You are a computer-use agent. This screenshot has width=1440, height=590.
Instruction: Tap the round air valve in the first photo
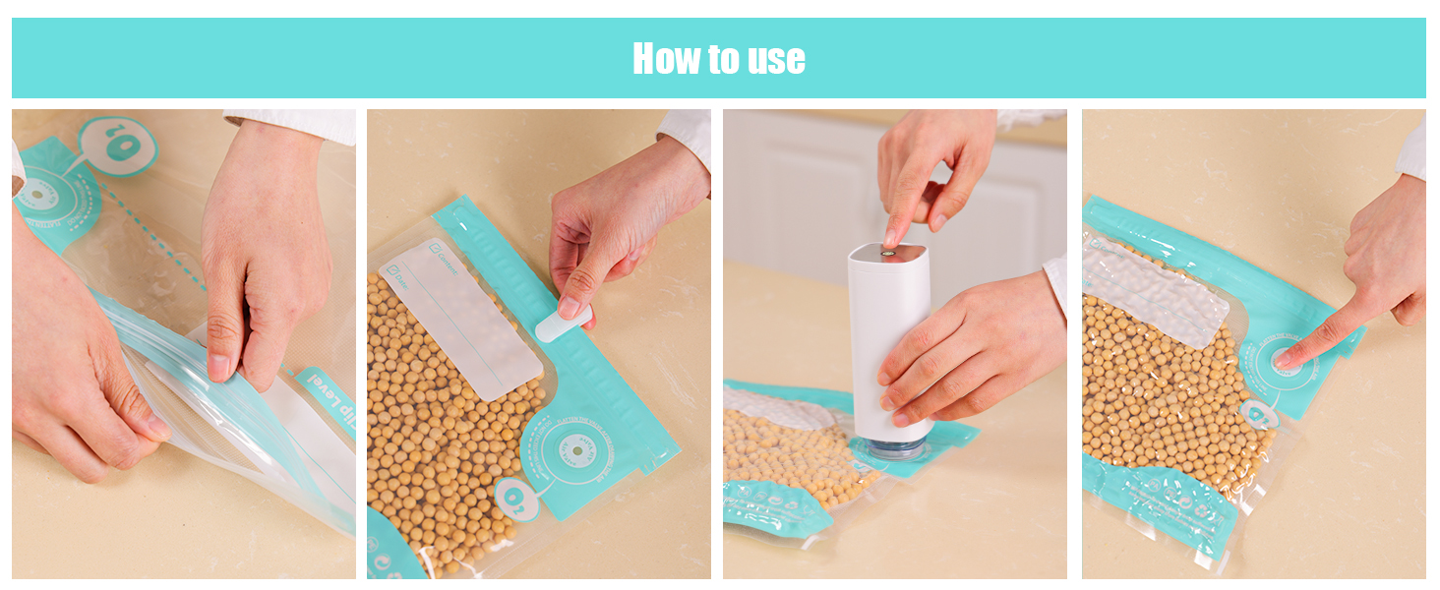coord(39,193)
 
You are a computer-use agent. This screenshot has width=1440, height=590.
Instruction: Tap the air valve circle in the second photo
coord(575,452)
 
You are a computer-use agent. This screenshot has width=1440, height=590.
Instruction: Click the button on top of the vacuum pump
coord(888,253)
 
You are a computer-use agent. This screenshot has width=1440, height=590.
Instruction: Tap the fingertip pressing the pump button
coord(891,235)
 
